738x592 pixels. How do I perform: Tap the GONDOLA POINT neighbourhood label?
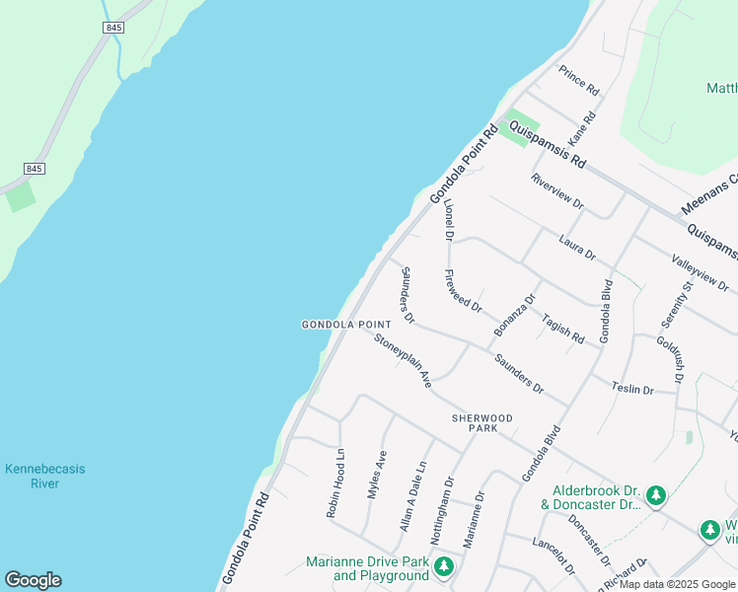(x=346, y=325)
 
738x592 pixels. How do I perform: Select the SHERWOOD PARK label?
(x=482, y=423)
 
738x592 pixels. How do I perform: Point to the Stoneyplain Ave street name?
(x=403, y=359)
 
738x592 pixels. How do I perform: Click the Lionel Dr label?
(x=448, y=220)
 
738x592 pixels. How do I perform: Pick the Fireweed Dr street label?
(x=463, y=291)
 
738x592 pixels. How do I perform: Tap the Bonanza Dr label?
(x=515, y=313)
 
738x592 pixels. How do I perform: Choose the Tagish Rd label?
(x=562, y=329)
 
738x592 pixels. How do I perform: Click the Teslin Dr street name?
(x=632, y=390)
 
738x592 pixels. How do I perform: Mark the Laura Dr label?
(x=577, y=247)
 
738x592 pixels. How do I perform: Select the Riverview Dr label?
(x=557, y=191)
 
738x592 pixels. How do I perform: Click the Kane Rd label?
(x=583, y=131)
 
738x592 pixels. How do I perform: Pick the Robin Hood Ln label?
(x=336, y=484)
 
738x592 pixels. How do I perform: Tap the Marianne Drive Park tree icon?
(x=445, y=565)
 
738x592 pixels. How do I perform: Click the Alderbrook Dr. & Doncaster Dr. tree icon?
(x=656, y=495)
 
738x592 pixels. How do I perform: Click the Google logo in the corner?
(x=33, y=580)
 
